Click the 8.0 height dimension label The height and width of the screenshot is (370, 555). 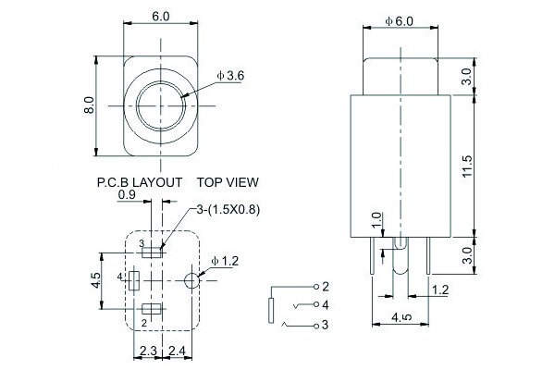pos(90,105)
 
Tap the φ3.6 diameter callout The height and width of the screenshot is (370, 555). pos(229,75)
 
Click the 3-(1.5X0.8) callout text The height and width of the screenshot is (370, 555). pos(227,210)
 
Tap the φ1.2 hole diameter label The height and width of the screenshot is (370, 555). pos(225,261)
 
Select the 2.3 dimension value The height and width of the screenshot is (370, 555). pos(148,351)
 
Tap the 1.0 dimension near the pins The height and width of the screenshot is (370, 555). pos(375,222)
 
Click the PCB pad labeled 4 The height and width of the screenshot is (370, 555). pos(134,278)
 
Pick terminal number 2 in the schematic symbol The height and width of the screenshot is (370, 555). pos(326,286)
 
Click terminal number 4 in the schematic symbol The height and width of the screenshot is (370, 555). pos(326,304)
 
